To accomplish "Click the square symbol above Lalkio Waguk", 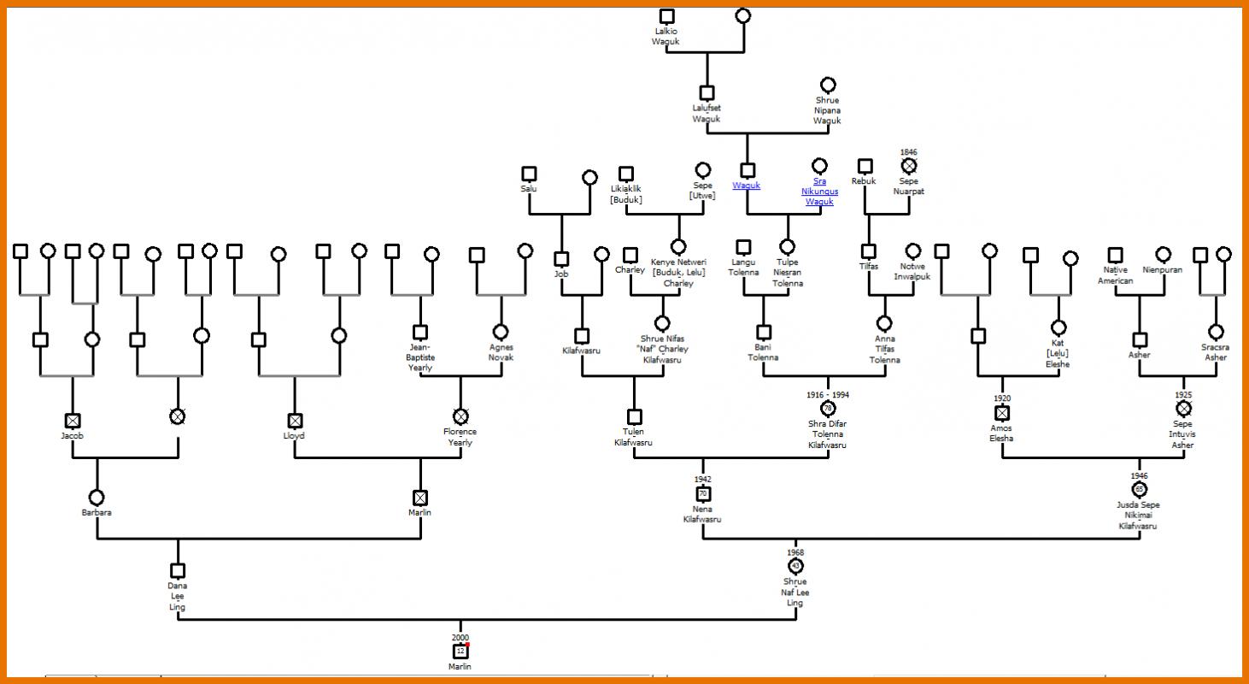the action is click(667, 16).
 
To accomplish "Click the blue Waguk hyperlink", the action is click(747, 186).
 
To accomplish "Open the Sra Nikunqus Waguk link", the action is click(819, 192).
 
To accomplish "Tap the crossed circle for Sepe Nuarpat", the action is click(909, 166).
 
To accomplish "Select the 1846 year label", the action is click(909, 151).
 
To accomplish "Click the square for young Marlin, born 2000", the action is click(460, 652).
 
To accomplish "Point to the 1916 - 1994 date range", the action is click(828, 395).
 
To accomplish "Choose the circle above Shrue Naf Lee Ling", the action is click(795, 566).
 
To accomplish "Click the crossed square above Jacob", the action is click(73, 421).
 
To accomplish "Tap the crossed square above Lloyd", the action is click(295, 421).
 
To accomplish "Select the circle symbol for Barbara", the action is click(97, 497).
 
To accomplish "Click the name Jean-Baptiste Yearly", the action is click(420, 357).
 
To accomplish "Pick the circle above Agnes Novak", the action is click(501, 332).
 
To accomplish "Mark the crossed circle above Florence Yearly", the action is click(460, 416).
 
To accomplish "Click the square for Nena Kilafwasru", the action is click(703, 493).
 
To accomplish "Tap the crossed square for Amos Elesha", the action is click(1002, 413).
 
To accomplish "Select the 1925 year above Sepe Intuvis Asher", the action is click(1183, 395).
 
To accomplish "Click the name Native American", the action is click(1115, 275).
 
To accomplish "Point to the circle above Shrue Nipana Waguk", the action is click(828, 85).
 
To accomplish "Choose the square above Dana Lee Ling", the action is click(178, 571).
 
